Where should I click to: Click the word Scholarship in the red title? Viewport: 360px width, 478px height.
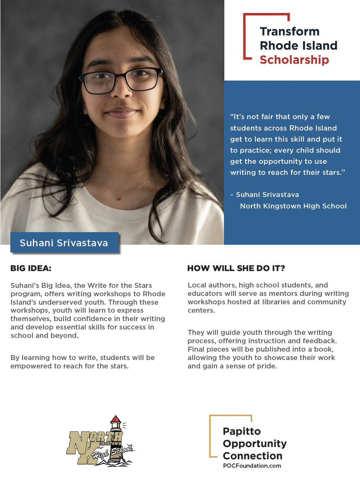coord(294,60)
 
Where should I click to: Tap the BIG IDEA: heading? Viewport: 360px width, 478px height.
coord(31,268)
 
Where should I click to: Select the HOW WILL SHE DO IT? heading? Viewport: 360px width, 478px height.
coord(236,268)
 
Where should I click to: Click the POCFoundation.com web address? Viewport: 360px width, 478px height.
coord(252,466)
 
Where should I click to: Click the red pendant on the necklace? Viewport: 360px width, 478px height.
coord(118,198)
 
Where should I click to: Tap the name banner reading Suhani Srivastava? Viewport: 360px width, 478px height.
coord(64,243)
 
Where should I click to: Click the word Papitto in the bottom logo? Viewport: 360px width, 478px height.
coord(242,431)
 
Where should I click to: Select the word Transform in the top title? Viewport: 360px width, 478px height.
coord(289,31)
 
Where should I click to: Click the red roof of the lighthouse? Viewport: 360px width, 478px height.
coord(115,419)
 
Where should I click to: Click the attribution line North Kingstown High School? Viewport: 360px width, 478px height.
coord(293,206)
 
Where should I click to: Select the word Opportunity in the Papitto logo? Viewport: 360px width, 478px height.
coord(255,444)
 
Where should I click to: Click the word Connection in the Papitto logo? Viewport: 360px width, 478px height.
coord(253,456)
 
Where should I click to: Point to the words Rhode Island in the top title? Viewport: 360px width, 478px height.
coord(298,45)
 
